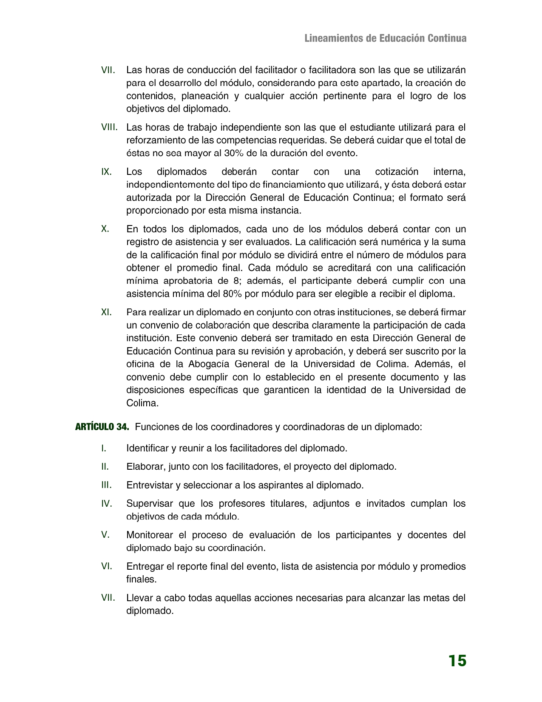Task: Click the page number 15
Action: click(x=457, y=661)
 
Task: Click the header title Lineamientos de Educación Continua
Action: click(x=386, y=38)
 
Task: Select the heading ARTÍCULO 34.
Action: click(x=102, y=427)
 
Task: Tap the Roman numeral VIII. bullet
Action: click(x=109, y=127)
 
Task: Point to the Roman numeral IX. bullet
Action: click(x=106, y=172)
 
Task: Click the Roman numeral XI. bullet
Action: click(x=106, y=312)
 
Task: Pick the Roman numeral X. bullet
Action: click(x=105, y=229)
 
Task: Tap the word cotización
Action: click(x=397, y=172)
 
